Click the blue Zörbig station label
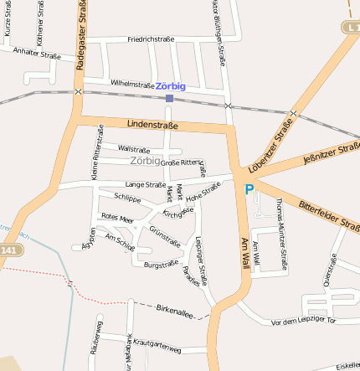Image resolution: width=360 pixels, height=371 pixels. [170, 86]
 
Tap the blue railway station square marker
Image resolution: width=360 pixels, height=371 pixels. [169, 98]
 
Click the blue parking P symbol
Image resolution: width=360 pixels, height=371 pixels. [248, 190]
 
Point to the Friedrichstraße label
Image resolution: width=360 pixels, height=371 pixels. [151, 39]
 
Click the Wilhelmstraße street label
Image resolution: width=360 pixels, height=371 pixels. [132, 84]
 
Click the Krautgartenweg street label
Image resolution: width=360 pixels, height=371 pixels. [163, 343]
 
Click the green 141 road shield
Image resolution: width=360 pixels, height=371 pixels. [9, 250]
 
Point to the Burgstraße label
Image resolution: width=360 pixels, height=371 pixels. [161, 265]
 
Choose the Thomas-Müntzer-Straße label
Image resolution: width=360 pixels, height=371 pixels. [283, 234]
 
